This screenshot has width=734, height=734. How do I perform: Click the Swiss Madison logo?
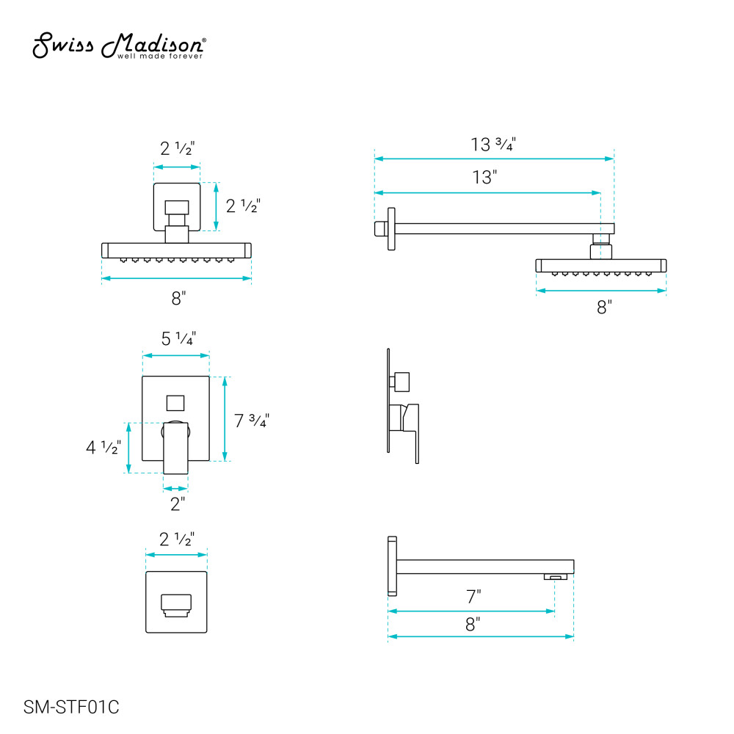118,46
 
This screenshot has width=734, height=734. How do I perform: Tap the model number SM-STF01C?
71,707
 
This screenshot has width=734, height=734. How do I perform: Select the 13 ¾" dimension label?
493,144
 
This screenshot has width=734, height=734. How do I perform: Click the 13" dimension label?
484,178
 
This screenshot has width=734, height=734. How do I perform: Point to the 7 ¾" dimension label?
251,421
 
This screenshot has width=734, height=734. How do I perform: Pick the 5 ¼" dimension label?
178,338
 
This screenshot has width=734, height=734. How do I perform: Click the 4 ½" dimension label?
103,447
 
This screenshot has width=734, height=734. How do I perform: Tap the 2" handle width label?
178,504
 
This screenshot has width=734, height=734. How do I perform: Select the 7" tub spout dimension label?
473,597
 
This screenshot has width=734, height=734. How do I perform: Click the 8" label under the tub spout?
473,624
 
